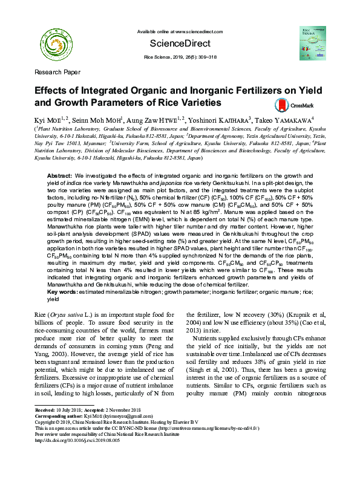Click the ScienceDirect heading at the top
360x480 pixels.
(180, 44)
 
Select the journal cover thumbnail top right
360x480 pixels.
(311, 41)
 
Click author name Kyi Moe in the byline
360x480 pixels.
(47, 120)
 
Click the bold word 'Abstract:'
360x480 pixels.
(60, 175)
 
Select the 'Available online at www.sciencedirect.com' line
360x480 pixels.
(180, 31)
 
